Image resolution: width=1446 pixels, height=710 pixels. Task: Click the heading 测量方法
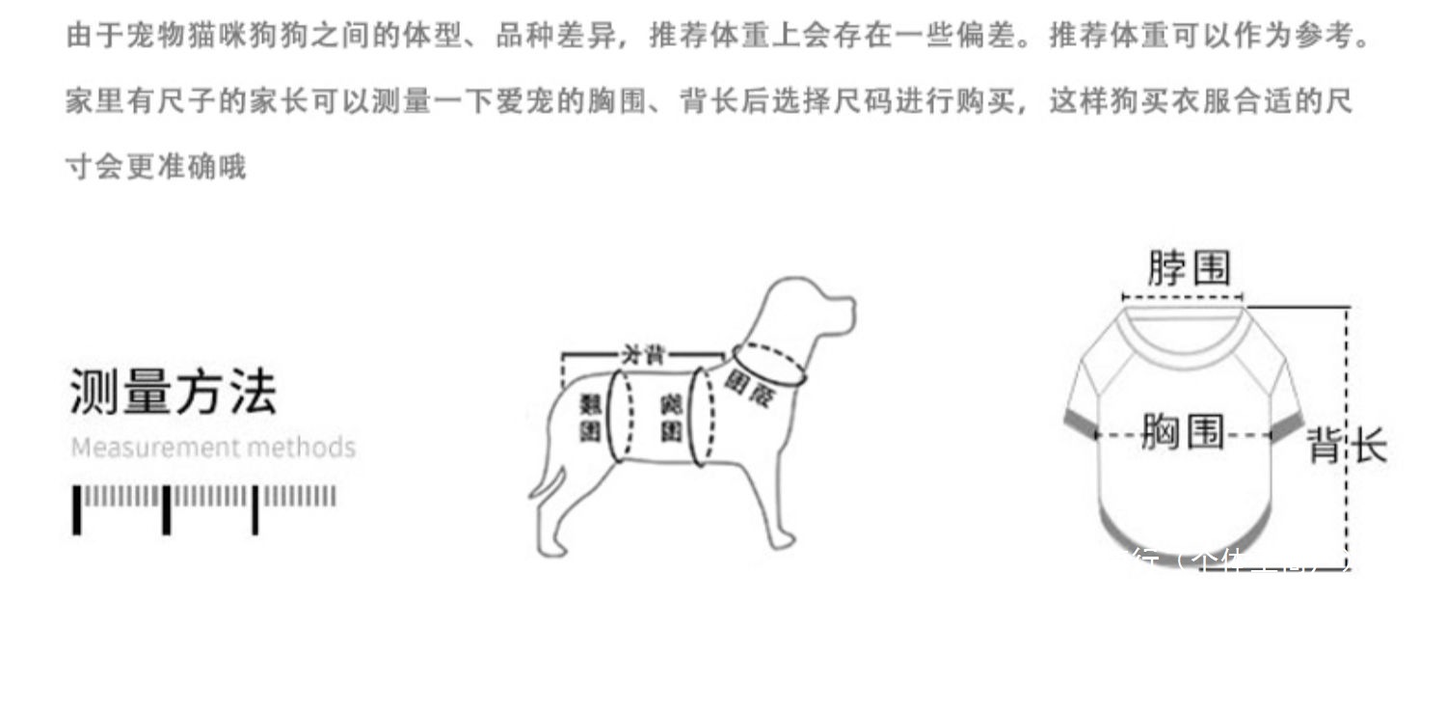(174, 392)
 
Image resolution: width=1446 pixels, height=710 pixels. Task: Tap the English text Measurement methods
(213, 448)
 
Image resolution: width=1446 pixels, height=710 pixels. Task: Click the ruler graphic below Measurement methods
(205, 507)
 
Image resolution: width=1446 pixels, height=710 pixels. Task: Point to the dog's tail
(546, 481)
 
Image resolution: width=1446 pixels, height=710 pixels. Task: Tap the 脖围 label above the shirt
(1188, 267)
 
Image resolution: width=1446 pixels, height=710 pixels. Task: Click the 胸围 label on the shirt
(1183, 432)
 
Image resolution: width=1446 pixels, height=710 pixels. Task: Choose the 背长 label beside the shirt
(1346, 447)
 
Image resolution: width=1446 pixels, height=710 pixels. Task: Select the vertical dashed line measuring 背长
(1347, 386)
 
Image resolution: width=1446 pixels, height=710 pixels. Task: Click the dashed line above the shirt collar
(1183, 297)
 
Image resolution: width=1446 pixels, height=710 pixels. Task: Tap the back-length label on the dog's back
(643, 354)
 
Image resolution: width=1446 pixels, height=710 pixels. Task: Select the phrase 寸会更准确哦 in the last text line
(155, 166)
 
